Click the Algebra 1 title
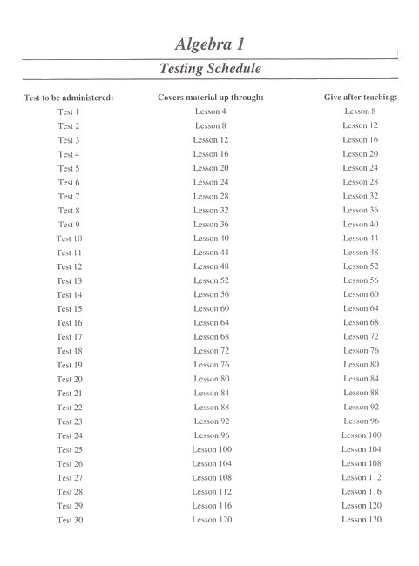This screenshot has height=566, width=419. coord(210,44)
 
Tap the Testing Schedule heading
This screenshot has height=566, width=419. coord(210,68)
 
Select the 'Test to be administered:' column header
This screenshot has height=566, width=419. coord(69,98)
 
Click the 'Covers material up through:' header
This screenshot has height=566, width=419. coord(211,98)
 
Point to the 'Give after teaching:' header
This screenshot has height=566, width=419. coord(360,98)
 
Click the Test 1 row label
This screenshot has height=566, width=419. coord(69,111)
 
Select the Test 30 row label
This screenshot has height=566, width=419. coord(70,520)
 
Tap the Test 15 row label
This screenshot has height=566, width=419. coord(70,309)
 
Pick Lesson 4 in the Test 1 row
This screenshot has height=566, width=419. coord(211,111)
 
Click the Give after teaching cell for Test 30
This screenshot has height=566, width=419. coord(361,520)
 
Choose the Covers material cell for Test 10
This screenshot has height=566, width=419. coord(211,239)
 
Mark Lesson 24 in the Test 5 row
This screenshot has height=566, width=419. coord(360,168)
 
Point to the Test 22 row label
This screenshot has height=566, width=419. coord(70,408)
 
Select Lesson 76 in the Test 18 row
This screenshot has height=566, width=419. coord(360,351)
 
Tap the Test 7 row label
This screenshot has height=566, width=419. coord(69,196)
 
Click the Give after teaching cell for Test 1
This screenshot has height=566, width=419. coord(360,111)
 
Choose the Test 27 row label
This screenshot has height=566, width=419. coord(70,477)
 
